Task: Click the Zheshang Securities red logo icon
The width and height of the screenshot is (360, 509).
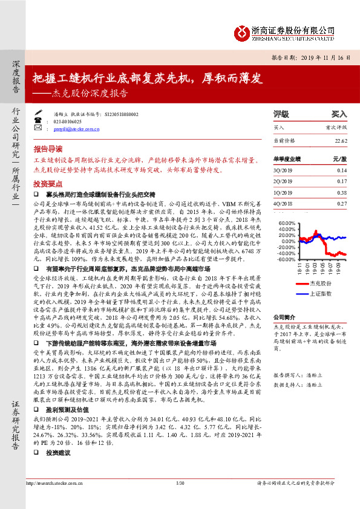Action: click(241, 31)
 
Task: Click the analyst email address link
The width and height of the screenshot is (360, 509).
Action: click(75, 129)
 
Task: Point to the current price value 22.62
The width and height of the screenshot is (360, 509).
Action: click(341, 141)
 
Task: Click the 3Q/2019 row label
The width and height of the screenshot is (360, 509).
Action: click(283, 170)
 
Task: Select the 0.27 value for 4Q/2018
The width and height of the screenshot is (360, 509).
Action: click(342, 204)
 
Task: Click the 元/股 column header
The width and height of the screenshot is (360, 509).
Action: click(339, 158)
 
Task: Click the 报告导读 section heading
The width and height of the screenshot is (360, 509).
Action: click(48, 148)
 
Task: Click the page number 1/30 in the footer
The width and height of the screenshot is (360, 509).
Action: click(179, 499)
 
